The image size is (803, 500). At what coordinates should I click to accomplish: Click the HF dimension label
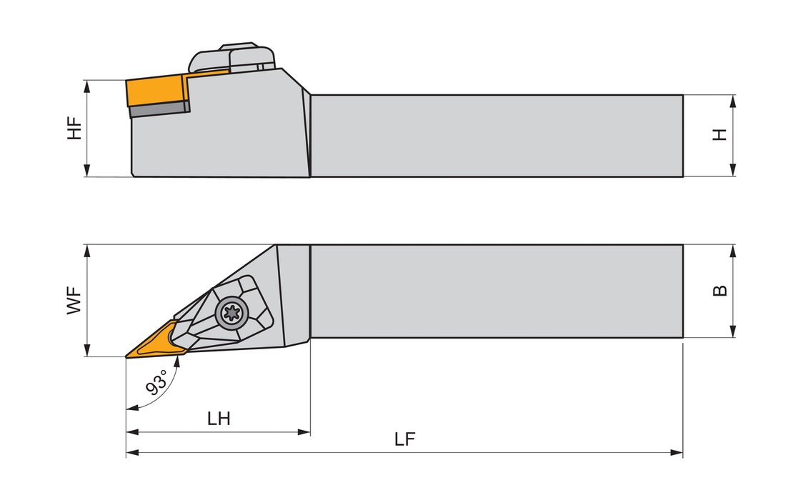pos(75,128)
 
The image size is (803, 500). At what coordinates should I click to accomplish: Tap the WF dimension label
pos(74,301)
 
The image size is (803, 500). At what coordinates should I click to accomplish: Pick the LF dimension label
pos(405,439)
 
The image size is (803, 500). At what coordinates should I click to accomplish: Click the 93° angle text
pos(157,384)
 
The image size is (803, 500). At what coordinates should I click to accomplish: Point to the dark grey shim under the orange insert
pos(159,109)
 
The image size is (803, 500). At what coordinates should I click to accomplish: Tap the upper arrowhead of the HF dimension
pos(87,85)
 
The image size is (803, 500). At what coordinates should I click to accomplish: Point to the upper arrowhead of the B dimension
pos(733,250)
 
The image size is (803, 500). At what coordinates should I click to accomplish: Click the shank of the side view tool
pos(497,135)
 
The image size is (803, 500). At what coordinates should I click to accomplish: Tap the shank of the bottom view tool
pos(497,291)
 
